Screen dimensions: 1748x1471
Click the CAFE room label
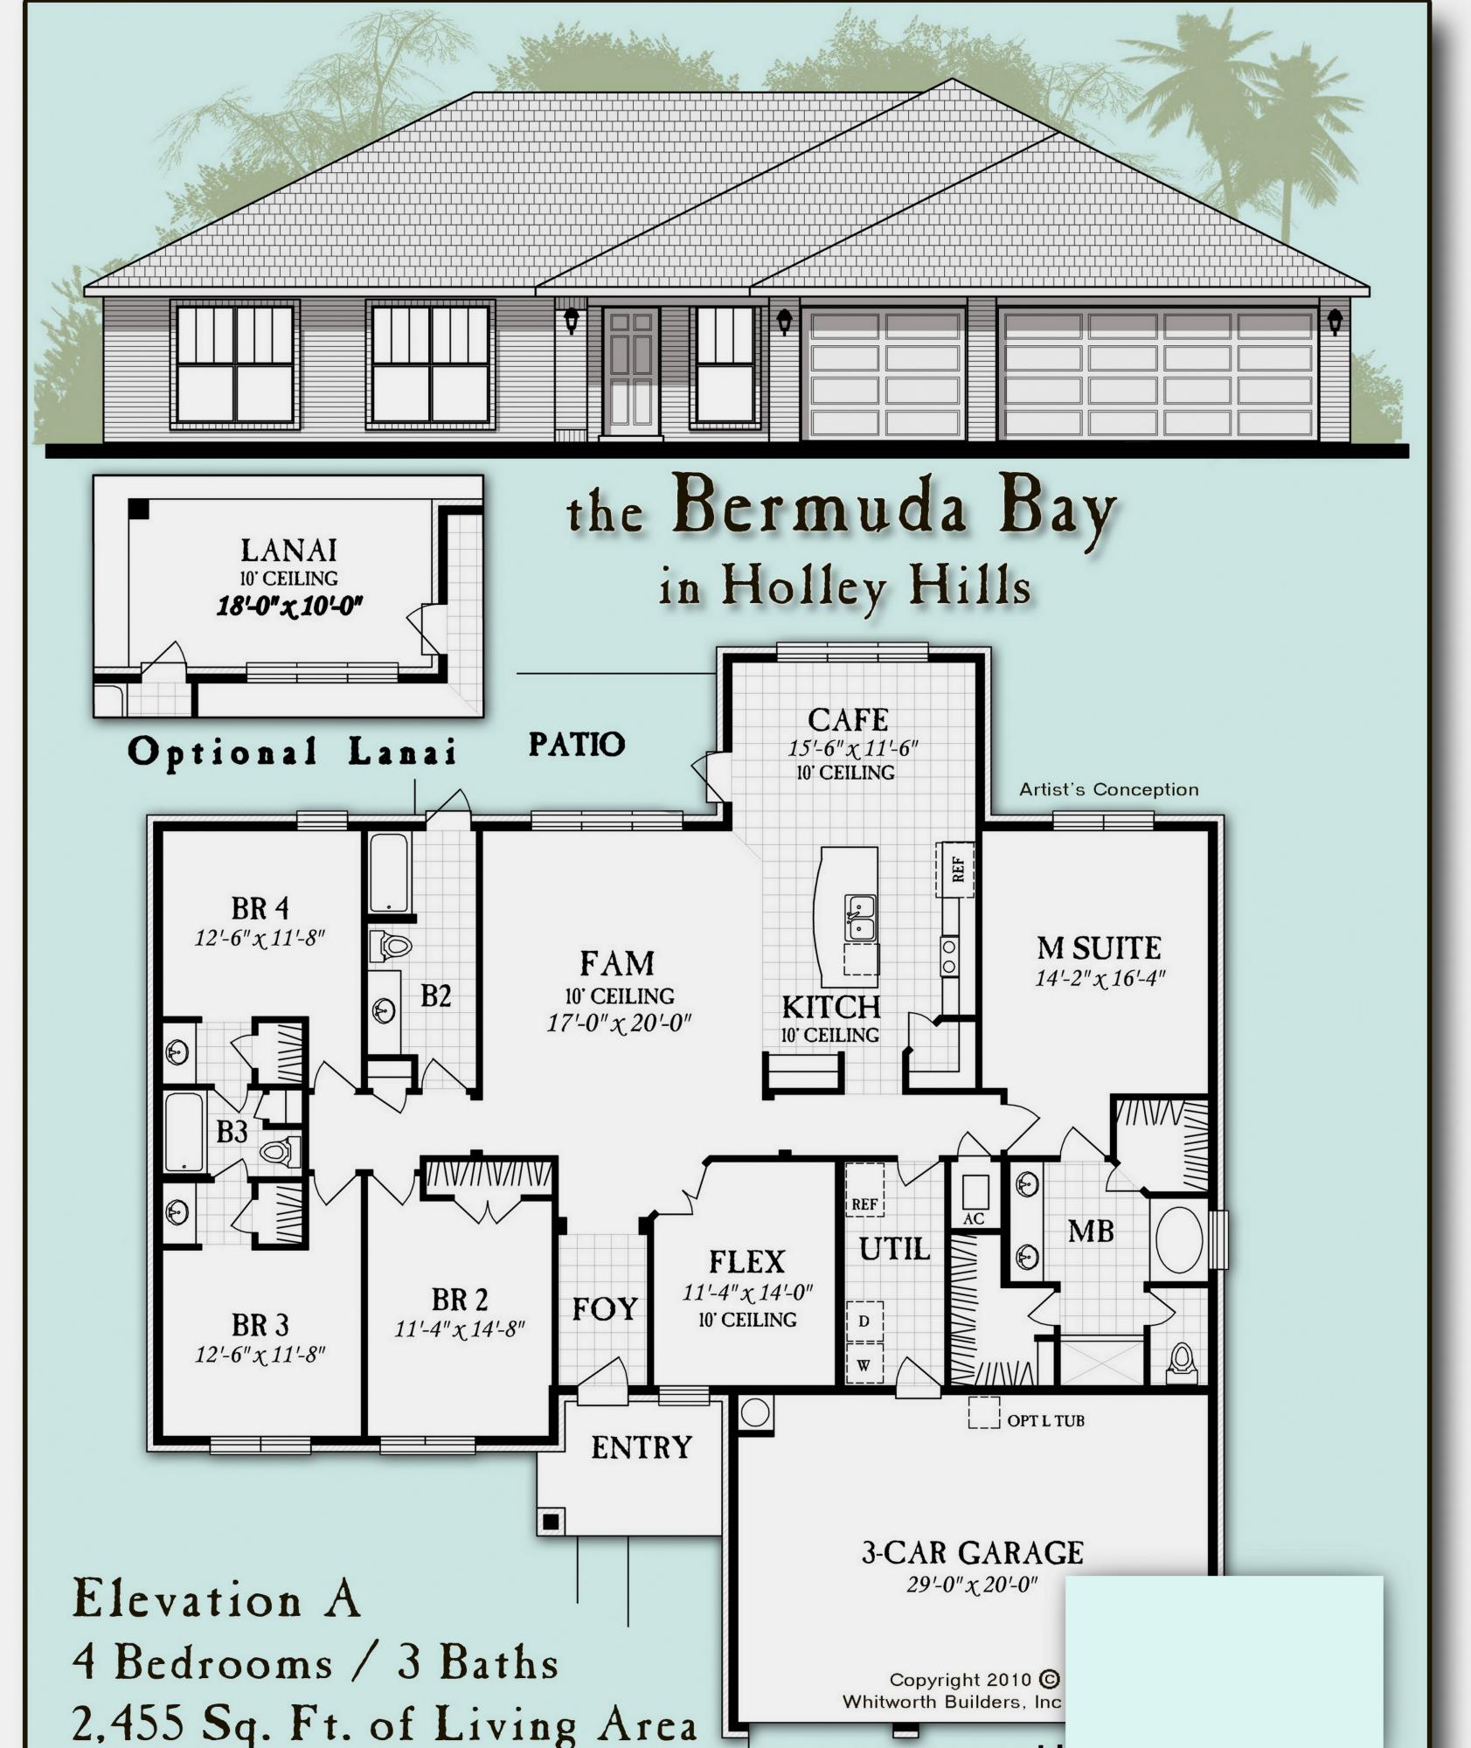point(848,719)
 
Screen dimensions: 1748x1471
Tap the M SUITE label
point(1099,948)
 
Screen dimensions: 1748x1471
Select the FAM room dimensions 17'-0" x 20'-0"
point(619,1023)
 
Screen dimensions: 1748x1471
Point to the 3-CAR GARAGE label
point(972,1552)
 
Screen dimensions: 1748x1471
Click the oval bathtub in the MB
point(1177,1238)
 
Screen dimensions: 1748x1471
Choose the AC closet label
point(973,1218)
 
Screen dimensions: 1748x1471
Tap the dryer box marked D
point(864,1321)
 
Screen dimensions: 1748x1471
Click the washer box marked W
point(864,1365)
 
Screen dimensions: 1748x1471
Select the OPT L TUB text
point(1045,1420)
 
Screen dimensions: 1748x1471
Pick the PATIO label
point(577,744)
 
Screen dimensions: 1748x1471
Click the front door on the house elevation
point(630,371)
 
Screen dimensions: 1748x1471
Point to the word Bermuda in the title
point(819,507)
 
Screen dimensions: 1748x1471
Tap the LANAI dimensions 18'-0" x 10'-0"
point(289,605)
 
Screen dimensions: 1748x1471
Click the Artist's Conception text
point(1108,789)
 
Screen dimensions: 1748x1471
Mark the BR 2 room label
point(459,1300)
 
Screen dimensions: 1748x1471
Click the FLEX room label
point(746,1262)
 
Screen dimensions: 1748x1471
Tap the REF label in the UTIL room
point(864,1203)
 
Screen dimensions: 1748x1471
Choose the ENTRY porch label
point(641,1447)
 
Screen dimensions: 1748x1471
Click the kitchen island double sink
point(859,917)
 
